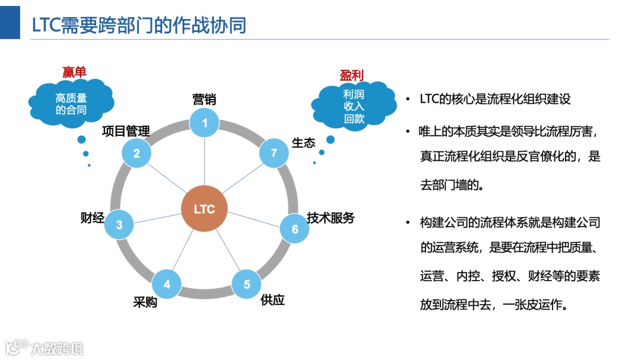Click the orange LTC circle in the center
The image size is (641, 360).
click(204, 209)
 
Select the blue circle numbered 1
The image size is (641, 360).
click(205, 123)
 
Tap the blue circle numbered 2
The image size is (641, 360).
click(137, 154)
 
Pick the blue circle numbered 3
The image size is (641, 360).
click(119, 225)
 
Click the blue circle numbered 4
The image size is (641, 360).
click(167, 284)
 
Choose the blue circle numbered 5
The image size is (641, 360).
click(247, 284)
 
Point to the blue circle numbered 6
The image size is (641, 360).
click(294, 229)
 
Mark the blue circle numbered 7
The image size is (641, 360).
click(274, 153)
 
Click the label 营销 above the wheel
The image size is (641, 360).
click(204, 99)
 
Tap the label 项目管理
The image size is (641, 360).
click(126, 130)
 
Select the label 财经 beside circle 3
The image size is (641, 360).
click(92, 218)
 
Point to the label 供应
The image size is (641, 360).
click(272, 300)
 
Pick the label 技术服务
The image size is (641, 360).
click(331, 218)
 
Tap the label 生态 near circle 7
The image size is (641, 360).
click(303, 143)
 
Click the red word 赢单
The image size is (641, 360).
click(74, 72)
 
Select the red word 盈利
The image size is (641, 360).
click(351, 75)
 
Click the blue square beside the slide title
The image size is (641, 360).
click(9, 20)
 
